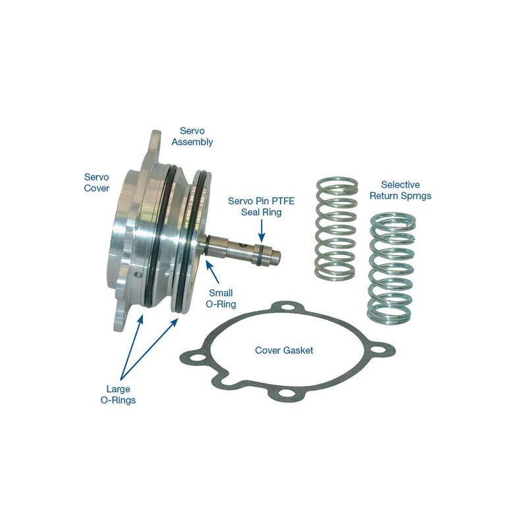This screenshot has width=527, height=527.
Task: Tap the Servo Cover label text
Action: tap(96, 182)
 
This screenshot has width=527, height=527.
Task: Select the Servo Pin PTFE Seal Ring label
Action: tap(260, 207)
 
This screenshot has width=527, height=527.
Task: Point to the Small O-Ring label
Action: tap(223, 298)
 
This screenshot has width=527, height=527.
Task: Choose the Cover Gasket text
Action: tap(284, 350)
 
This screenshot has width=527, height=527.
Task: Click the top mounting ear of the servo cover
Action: tap(153, 140)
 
